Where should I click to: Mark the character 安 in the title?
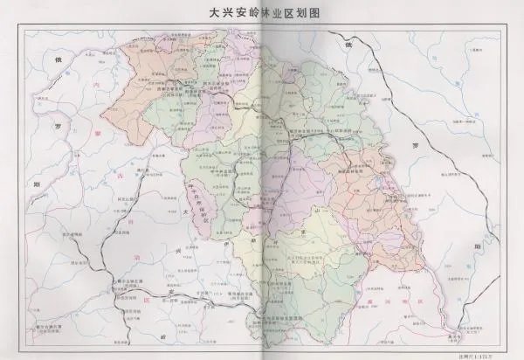(234, 15)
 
